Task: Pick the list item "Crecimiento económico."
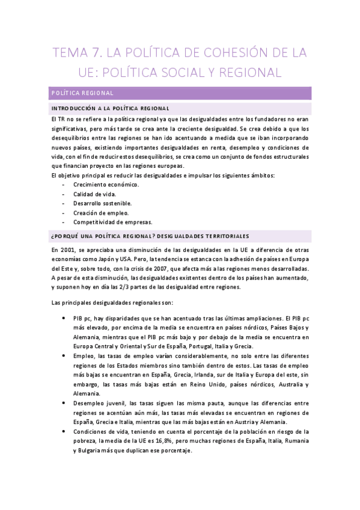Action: [x=106, y=185]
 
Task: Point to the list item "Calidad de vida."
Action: [x=95, y=194]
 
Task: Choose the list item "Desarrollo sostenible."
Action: [x=102, y=203]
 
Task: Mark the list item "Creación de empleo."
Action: [x=100, y=212]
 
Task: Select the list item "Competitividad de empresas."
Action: [x=112, y=222]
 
